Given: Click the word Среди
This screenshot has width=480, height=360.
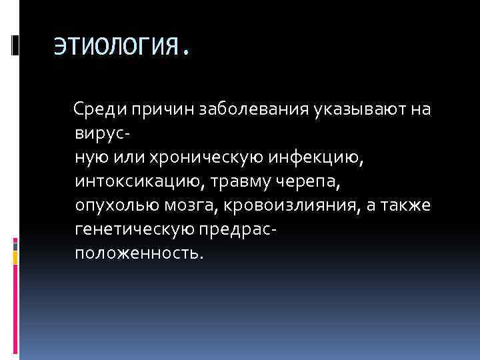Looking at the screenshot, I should tap(99, 108).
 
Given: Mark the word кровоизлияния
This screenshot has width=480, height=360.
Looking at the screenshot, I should tap(291, 205).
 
